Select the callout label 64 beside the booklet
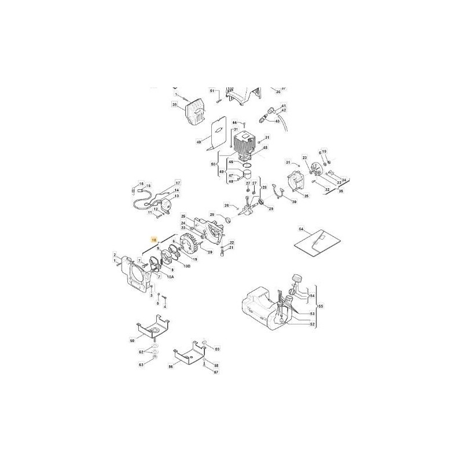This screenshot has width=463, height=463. [x=301, y=229]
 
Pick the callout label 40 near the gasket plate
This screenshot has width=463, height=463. [x=199, y=141]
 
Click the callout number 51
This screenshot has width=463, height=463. [x=212, y=91]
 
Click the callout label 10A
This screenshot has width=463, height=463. [x=171, y=277]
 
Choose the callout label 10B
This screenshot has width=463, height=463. [x=187, y=266]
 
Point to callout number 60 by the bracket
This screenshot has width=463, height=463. [x=131, y=341]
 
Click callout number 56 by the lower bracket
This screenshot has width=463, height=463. [x=171, y=366]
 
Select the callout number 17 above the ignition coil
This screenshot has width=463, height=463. [x=178, y=182]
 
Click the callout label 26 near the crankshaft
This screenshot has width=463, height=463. [x=227, y=205]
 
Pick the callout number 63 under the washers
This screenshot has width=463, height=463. [x=141, y=365]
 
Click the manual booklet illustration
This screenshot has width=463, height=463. [x=316, y=241]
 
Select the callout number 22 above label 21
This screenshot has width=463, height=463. [x=231, y=242]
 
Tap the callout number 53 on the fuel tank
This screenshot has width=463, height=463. [x=312, y=313]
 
